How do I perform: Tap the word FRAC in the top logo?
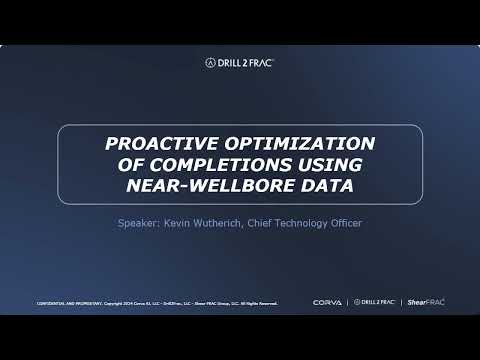(259, 62)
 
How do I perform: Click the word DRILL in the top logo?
(228, 62)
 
